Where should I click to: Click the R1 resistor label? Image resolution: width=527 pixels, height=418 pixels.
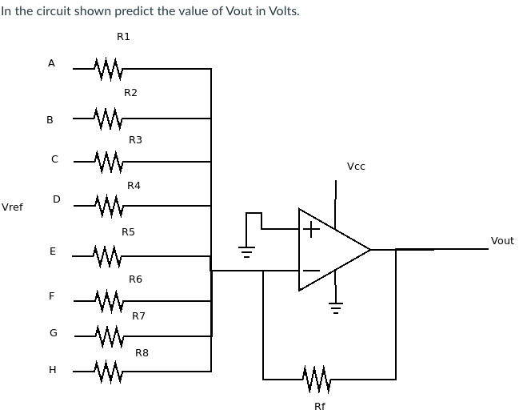coord(123,37)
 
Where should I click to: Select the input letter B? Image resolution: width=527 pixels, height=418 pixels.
coord(50,120)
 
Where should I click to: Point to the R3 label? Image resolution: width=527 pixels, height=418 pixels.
coord(135,140)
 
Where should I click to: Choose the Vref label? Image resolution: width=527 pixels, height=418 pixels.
coord(12,207)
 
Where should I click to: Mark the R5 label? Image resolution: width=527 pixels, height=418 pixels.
coord(128,232)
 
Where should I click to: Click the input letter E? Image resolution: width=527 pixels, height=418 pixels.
coord(52,251)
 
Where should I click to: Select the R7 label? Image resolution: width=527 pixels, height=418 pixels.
coord(138,316)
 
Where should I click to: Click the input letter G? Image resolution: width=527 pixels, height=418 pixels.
coord(53,332)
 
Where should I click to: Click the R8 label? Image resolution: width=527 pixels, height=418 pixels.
coord(142,352)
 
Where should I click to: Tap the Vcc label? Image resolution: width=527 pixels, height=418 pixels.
coord(356,167)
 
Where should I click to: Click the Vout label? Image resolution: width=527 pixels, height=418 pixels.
coord(502,240)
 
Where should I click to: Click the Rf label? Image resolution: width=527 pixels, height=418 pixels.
coord(319,406)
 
